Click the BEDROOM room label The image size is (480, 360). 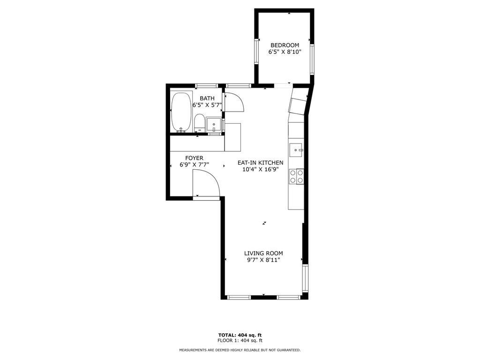284,45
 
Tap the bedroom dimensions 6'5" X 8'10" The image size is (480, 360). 284,52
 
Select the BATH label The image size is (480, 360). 207,98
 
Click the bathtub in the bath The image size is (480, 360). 181,112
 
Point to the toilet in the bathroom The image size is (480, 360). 199,123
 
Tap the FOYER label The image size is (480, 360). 194,158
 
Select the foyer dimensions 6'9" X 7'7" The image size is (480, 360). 194,165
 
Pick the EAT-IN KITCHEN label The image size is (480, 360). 260,163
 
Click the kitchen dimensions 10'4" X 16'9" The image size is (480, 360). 260,170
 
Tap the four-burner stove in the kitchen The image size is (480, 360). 296,176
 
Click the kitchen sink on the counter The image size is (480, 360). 296,150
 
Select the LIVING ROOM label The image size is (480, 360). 263,253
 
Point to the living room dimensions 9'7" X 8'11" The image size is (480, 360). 263,260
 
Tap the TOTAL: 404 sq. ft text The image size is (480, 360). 240,335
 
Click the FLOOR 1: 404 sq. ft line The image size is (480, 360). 240,341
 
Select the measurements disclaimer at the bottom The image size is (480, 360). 240,350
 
